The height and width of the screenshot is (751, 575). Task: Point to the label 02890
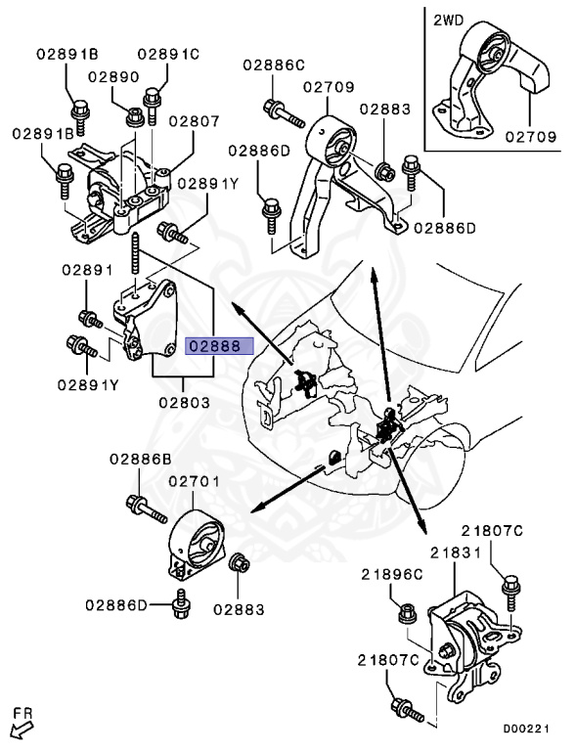[113, 76]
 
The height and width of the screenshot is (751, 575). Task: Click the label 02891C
[168, 55]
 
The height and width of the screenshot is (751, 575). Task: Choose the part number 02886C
[274, 65]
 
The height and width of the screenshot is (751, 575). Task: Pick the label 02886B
[140, 459]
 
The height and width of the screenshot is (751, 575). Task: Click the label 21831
[454, 553]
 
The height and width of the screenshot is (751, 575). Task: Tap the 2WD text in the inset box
[450, 19]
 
